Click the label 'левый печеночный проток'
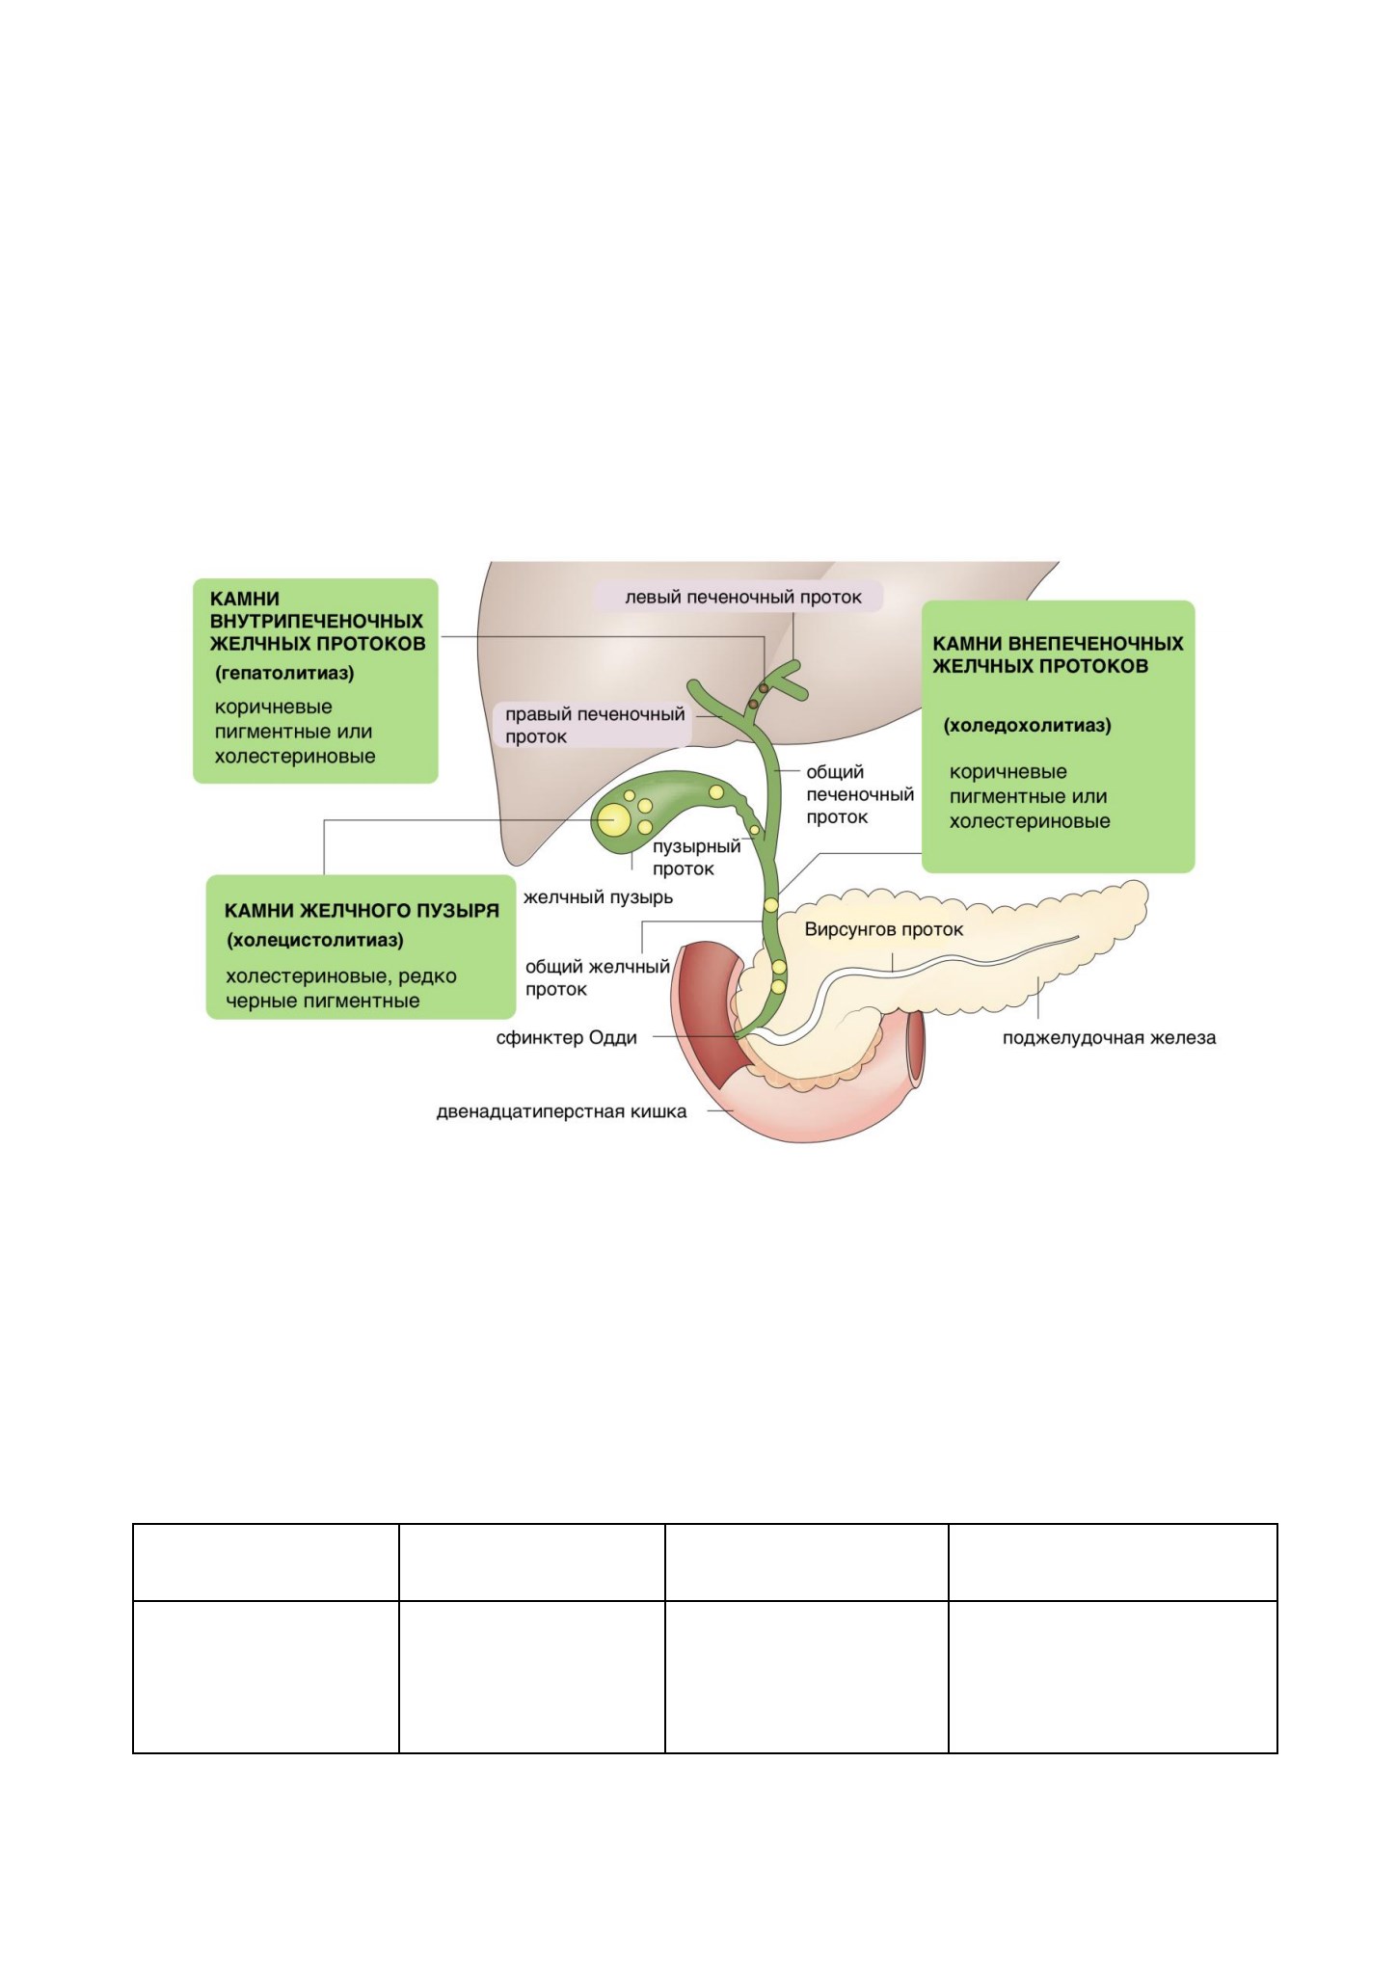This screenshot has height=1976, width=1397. pyautogui.click(x=743, y=597)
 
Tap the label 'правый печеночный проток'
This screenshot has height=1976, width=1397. pyautogui.click(x=595, y=725)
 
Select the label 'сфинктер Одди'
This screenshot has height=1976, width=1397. pyautogui.click(x=567, y=1038)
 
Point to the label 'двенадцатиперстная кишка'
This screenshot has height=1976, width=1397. pyautogui.click(x=562, y=1111)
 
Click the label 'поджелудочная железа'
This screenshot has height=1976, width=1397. pyautogui.click(x=1109, y=1038)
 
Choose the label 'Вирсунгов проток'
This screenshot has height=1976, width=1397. pyautogui.click(x=884, y=930)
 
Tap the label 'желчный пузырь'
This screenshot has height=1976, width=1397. pyautogui.click(x=598, y=897)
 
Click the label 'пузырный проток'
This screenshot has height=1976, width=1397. pyautogui.click(x=696, y=857)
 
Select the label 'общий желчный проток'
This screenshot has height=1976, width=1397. pyautogui.click(x=597, y=977)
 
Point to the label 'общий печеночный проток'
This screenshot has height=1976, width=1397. pyautogui.click(x=860, y=794)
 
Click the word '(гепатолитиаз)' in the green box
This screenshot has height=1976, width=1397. pyautogui.click(x=284, y=673)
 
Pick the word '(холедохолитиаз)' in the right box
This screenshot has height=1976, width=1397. pyautogui.click(x=1027, y=725)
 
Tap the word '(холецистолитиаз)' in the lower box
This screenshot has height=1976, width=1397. pyautogui.click(x=314, y=940)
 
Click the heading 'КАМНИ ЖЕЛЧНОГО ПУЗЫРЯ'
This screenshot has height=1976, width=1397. pyautogui.click(x=362, y=911)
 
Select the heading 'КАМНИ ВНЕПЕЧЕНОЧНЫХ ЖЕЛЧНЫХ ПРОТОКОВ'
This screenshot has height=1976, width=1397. pyautogui.click(x=1058, y=654)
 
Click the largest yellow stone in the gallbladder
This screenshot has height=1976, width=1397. pyautogui.click(x=613, y=820)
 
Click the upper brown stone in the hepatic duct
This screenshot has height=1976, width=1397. pyautogui.click(x=764, y=688)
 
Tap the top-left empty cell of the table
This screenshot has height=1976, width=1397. pyautogui.click(x=266, y=1562)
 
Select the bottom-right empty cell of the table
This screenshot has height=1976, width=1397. pyautogui.click(x=1113, y=1676)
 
